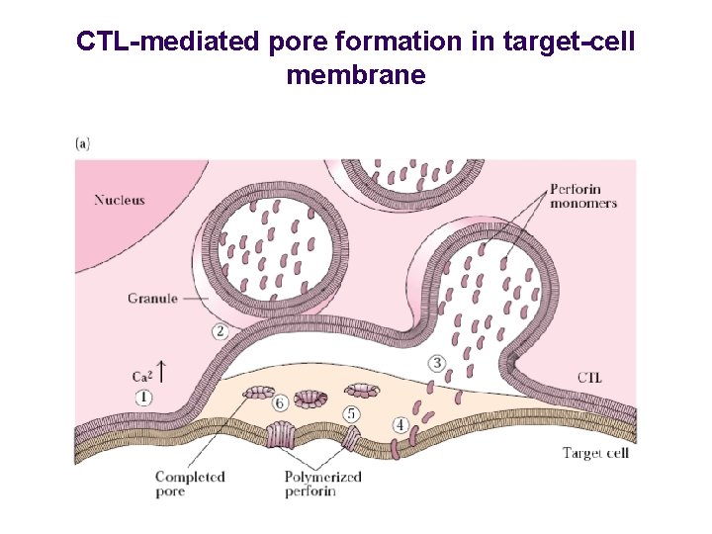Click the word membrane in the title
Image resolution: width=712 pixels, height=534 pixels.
tap(356, 75)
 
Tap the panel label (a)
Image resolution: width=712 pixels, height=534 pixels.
tap(83, 142)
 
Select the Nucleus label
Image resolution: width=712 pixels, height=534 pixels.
tap(120, 200)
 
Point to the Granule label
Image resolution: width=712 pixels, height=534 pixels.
tap(152, 298)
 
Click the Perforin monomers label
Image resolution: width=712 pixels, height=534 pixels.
tap(582, 197)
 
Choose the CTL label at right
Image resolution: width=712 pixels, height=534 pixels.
tap(588, 378)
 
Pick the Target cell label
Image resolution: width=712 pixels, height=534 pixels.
tap(596, 453)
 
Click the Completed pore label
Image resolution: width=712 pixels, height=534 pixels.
tap(190, 484)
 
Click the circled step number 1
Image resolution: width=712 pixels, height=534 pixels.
tap(144, 397)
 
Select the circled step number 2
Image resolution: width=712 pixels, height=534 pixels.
tap(221, 330)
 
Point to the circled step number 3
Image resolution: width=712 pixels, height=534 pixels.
tap(437, 363)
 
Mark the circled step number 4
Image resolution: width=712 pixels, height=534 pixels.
tap(400, 425)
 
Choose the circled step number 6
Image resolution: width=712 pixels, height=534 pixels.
tap(281, 402)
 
